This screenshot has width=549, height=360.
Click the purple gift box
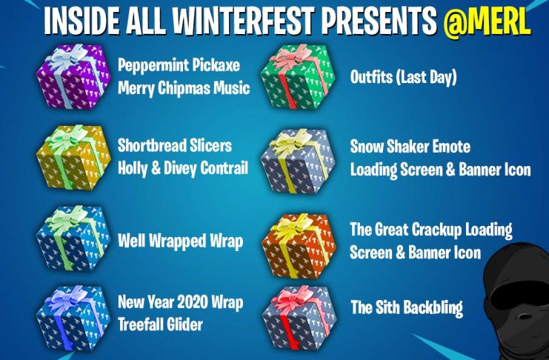[73, 77]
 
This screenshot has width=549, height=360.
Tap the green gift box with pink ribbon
[298, 76]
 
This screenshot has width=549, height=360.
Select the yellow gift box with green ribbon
[73, 158]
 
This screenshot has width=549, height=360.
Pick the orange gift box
[299, 246]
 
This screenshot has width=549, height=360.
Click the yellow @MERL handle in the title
[487, 21]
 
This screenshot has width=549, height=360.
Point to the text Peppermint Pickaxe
[179, 65]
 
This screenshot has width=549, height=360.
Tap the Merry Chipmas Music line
[184, 88]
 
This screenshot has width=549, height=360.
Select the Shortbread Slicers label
[175, 146]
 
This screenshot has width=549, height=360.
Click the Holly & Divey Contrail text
[183, 168]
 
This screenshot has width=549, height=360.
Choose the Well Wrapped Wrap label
[180, 241]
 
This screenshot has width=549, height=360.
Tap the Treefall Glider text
[160, 324]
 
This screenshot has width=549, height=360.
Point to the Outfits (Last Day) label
[403, 77]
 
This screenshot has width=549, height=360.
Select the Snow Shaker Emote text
[410, 147]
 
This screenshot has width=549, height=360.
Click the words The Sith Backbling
[407, 307]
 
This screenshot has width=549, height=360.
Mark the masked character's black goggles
[522, 293]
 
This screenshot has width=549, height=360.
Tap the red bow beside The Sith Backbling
[293, 299]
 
